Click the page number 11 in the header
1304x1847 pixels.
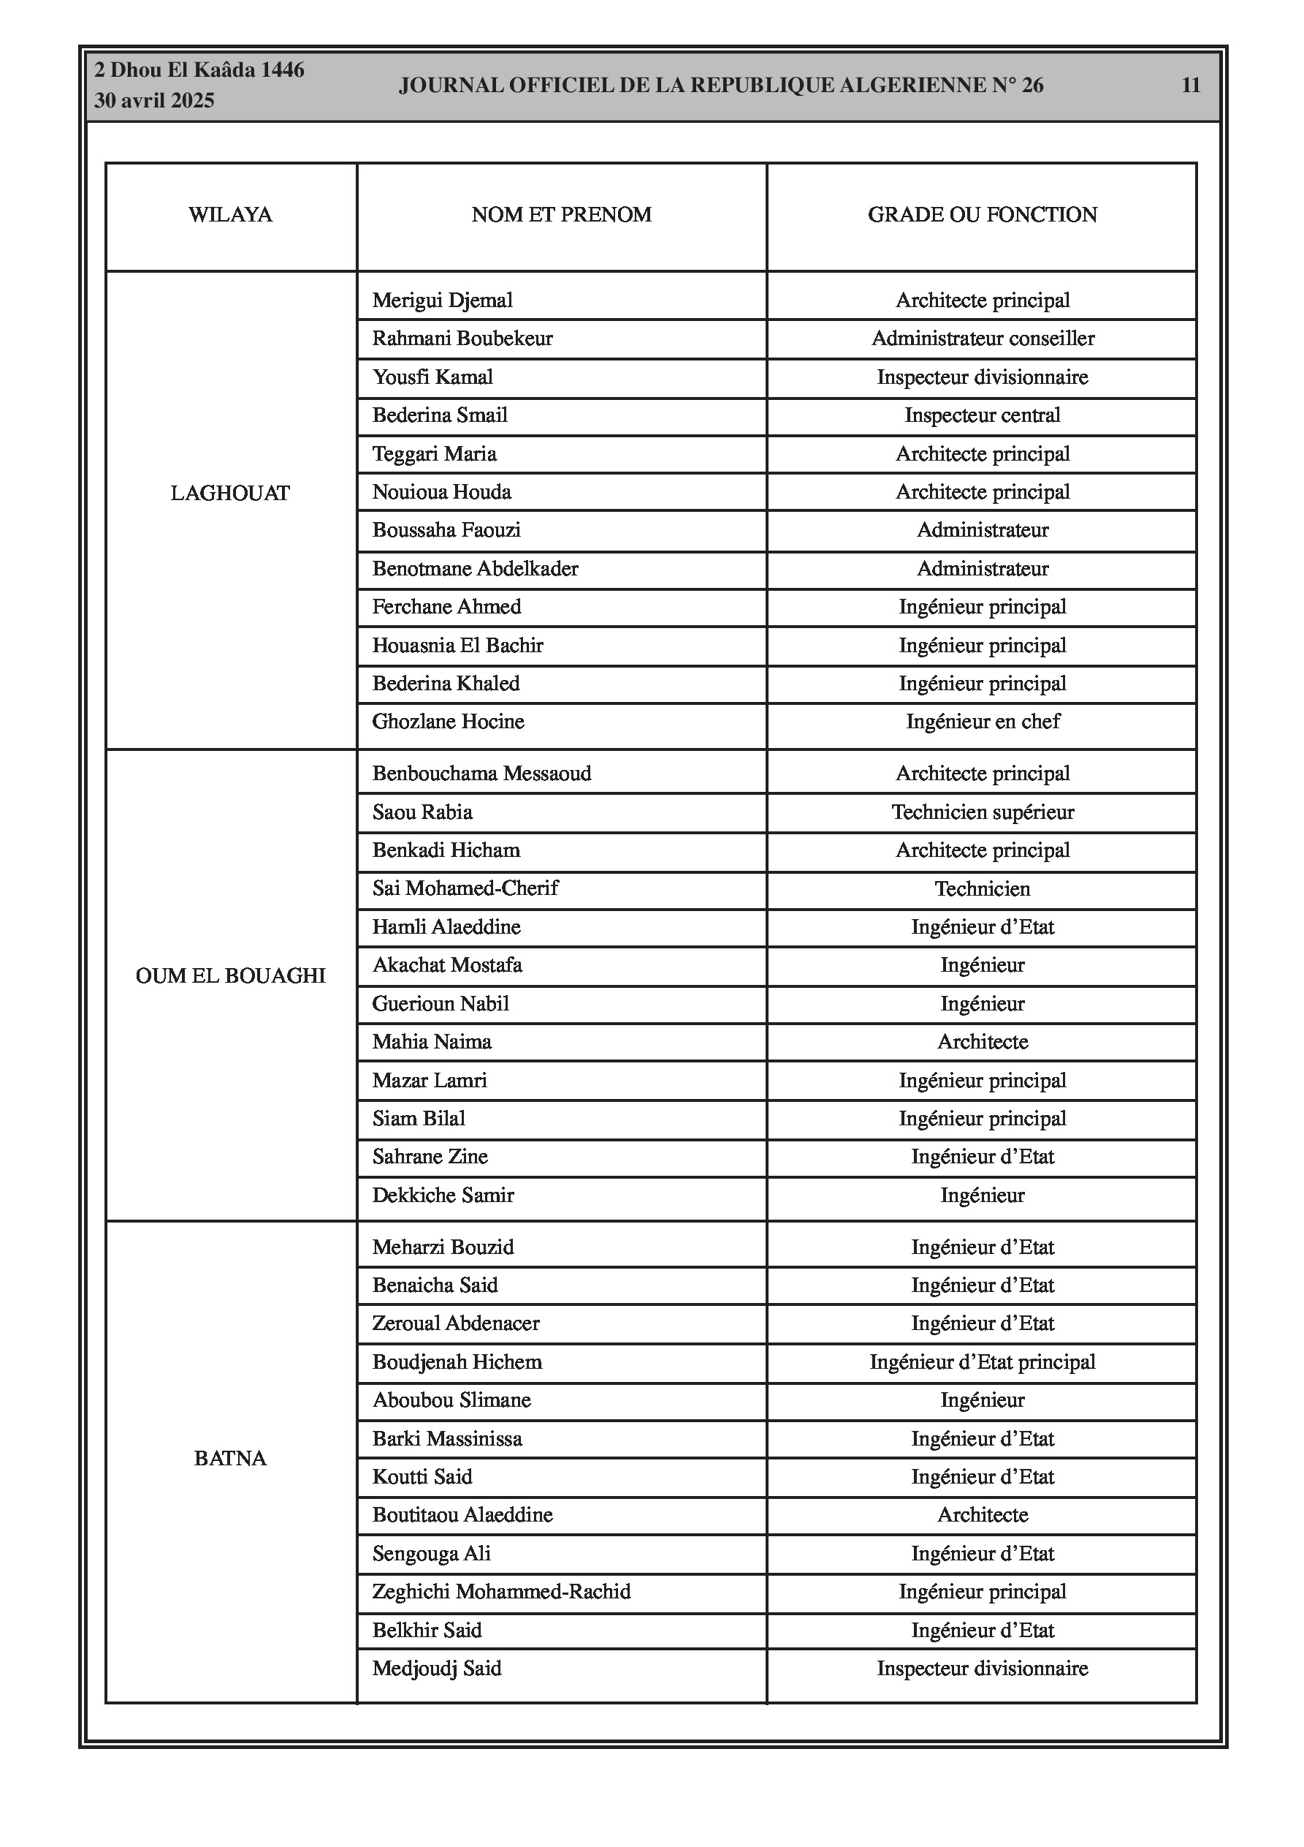tap(1191, 86)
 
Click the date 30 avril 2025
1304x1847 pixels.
tap(154, 101)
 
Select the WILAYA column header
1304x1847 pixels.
tap(230, 215)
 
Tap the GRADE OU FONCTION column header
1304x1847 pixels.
tap(982, 215)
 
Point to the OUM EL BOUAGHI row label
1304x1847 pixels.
tap(230, 976)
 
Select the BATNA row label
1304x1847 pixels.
tap(230, 1459)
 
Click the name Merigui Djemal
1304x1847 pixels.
tap(442, 300)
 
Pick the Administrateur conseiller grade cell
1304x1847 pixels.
tap(983, 338)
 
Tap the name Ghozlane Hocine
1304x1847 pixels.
tap(448, 722)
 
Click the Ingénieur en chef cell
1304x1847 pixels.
tap(983, 722)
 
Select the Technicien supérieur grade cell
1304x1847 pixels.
tap(983, 812)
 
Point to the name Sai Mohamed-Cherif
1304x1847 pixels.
tap(465, 888)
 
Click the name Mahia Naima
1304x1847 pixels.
tap(432, 1042)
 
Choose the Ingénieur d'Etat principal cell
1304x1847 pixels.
tap(983, 1362)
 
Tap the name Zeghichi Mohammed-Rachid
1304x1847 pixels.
tap(501, 1591)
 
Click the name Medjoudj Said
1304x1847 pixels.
tap(437, 1669)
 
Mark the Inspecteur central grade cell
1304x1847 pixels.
tap(983, 415)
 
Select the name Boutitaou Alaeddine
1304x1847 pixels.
tap(462, 1515)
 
